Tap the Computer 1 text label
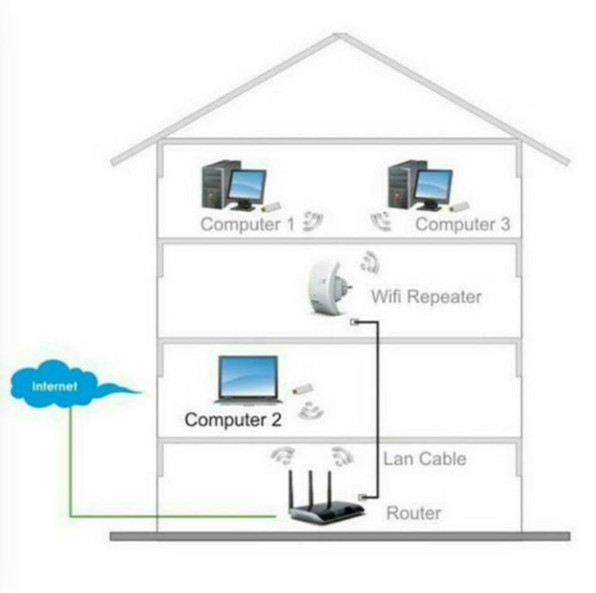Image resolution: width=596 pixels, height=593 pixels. tap(247, 224)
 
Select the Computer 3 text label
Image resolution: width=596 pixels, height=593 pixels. tap(463, 224)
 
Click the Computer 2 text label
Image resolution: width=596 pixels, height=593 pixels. tap(233, 420)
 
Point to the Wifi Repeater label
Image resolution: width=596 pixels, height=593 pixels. tap(426, 296)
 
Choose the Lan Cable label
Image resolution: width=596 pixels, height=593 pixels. tap(425, 459)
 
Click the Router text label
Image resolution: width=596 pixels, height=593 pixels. tap(414, 513)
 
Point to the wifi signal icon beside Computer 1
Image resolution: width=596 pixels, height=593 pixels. tap(312, 221)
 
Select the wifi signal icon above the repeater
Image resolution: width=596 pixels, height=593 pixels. tap(369, 261)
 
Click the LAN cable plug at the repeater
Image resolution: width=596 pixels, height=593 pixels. tap(354, 322)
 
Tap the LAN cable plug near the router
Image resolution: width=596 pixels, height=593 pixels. tap(363, 496)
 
